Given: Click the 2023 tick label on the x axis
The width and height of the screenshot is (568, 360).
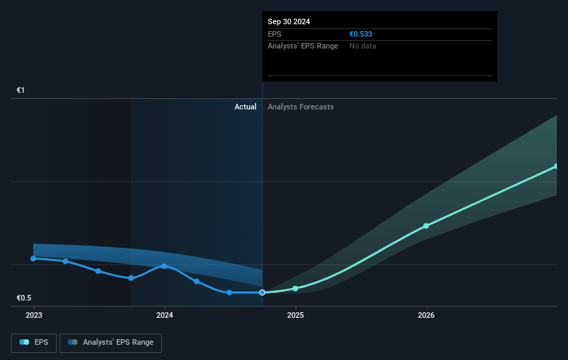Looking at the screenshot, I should click(x=33, y=315).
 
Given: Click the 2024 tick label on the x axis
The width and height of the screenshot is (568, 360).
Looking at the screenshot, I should click(x=165, y=315).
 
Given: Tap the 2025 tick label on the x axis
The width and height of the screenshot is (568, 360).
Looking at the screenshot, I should click(x=295, y=315).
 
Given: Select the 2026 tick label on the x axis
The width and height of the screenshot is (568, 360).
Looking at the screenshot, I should click(x=426, y=315).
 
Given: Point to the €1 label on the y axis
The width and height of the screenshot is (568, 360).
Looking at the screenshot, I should click(x=21, y=91).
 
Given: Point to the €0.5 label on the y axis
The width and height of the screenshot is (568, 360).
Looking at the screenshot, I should click(x=25, y=298).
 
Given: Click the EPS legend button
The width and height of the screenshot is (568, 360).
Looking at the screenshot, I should click(x=34, y=343).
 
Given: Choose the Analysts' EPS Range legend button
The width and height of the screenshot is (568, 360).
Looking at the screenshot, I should click(x=111, y=343).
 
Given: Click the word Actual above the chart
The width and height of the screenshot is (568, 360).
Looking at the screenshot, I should click(x=245, y=107).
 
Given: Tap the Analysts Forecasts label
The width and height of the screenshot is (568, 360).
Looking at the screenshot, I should click(x=300, y=107).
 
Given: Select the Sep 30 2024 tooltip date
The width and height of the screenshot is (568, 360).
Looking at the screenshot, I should click(x=289, y=21).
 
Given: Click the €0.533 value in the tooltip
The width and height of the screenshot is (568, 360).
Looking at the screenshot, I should click(x=362, y=33).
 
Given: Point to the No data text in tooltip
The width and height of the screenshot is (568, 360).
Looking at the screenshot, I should click(x=363, y=46).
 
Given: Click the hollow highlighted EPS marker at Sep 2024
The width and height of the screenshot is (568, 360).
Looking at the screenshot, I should click(x=262, y=292).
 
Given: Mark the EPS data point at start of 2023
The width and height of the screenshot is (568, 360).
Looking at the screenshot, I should click(x=33, y=258).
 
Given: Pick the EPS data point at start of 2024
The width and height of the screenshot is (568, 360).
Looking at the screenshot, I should click(x=164, y=266).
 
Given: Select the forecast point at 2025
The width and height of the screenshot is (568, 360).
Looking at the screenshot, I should click(x=295, y=288).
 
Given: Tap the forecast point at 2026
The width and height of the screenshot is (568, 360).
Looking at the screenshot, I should click(x=426, y=226).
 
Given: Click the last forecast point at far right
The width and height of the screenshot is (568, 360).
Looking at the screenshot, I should click(x=556, y=166).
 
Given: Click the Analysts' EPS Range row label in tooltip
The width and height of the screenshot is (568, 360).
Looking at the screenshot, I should click(x=303, y=46).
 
